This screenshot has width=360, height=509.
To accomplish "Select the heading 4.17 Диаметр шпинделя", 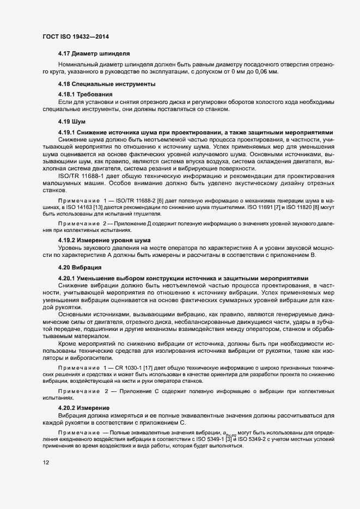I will [x=93, y=54].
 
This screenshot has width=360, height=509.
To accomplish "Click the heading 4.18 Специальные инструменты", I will [x=107, y=84].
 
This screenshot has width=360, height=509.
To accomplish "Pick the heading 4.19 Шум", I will [x=71, y=121].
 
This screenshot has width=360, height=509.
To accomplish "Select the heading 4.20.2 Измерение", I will [x=84, y=408].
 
